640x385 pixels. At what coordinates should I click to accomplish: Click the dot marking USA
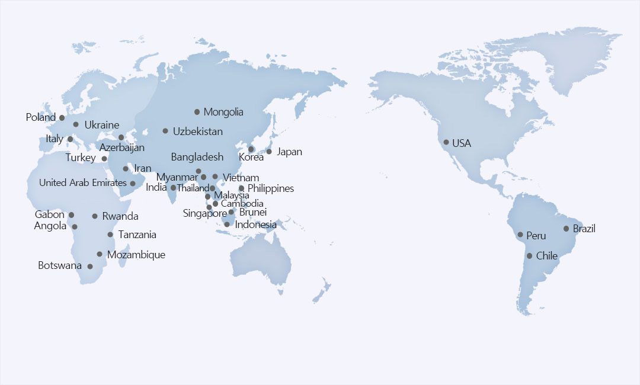tap(446, 142)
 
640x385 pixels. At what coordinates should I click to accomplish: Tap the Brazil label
tap(584, 229)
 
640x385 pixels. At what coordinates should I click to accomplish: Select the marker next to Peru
tap(520, 235)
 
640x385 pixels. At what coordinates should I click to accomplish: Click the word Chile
tap(546, 256)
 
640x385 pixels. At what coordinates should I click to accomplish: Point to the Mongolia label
tap(223, 112)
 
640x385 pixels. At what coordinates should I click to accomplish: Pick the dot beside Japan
tap(269, 152)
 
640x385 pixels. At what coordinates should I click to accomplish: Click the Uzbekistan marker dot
tap(165, 131)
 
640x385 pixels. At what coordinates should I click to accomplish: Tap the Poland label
tap(40, 117)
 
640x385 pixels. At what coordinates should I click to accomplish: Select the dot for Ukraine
tap(76, 124)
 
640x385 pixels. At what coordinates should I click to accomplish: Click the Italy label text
tap(55, 139)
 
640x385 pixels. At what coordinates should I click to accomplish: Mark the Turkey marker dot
tap(104, 158)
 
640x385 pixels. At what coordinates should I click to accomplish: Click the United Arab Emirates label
tap(82, 182)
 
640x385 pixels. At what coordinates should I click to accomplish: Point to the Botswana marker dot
tap(90, 266)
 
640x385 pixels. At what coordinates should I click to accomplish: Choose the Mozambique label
tap(136, 255)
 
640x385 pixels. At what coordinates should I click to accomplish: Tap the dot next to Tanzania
tap(110, 235)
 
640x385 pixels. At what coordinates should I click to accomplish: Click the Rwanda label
tap(120, 216)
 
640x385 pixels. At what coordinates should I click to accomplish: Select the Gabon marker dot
tap(72, 215)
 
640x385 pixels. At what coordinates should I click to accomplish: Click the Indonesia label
tap(255, 224)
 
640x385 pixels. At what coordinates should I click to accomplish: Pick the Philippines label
tap(270, 188)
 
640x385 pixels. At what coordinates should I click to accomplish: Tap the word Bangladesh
tap(197, 157)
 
